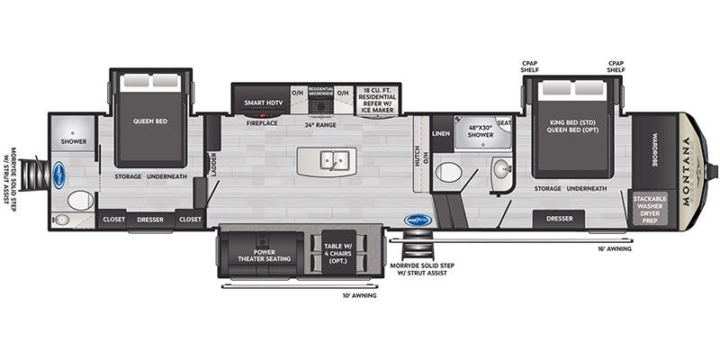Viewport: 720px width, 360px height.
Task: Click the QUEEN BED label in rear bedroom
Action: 150,120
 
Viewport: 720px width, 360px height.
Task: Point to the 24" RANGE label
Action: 320,122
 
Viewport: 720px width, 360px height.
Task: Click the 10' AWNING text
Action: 360,293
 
